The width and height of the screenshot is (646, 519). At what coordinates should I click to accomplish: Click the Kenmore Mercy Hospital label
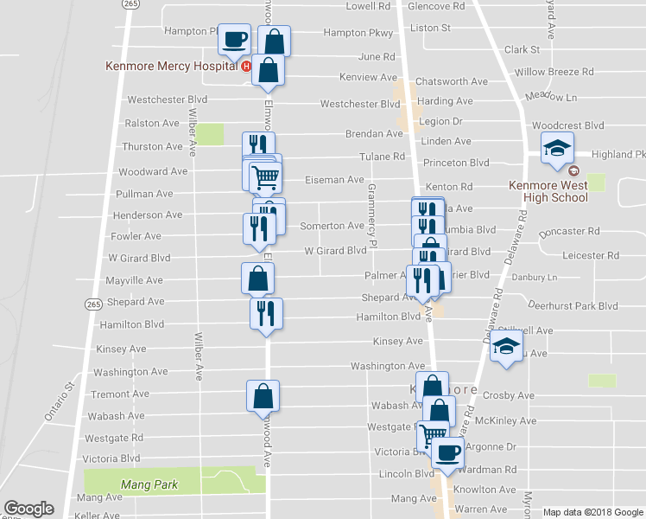(x=171, y=66)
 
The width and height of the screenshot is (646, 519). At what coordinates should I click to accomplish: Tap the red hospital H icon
(x=247, y=66)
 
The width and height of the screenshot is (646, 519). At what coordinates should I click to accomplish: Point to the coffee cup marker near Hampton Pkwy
(x=235, y=38)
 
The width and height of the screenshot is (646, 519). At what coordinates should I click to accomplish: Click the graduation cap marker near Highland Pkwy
(x=557, y=148)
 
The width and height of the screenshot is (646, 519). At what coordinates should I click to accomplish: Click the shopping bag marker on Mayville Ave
(x=257, y=279)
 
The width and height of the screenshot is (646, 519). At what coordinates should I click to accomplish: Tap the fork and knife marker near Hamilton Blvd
(x=266, y=313)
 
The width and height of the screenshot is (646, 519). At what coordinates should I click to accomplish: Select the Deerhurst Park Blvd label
(x=573, y=306)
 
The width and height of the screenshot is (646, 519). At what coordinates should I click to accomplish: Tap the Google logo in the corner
(x=28, y=509)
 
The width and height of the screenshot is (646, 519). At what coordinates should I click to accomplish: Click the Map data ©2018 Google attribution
(x=594, y=512)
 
